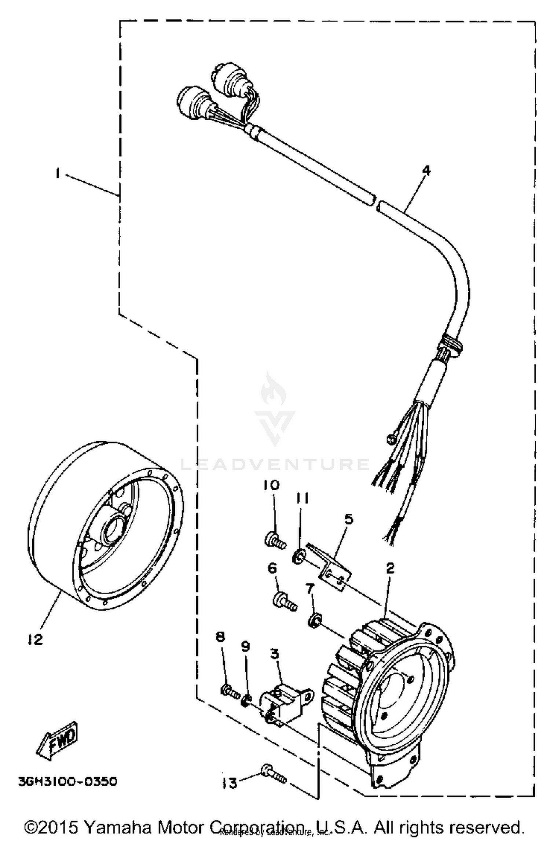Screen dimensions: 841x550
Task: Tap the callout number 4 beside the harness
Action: pyautogui.click(x=426, y=171)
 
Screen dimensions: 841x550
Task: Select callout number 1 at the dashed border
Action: pyautogui.click(x=58, y=173)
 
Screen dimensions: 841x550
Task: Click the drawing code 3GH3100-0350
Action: pyautogui.click(x=68, y=781)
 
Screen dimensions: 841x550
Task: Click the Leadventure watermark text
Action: pyautogui.click(x=275, y=465)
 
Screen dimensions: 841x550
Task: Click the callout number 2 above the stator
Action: pyautogui.click(x=390, y=568)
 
